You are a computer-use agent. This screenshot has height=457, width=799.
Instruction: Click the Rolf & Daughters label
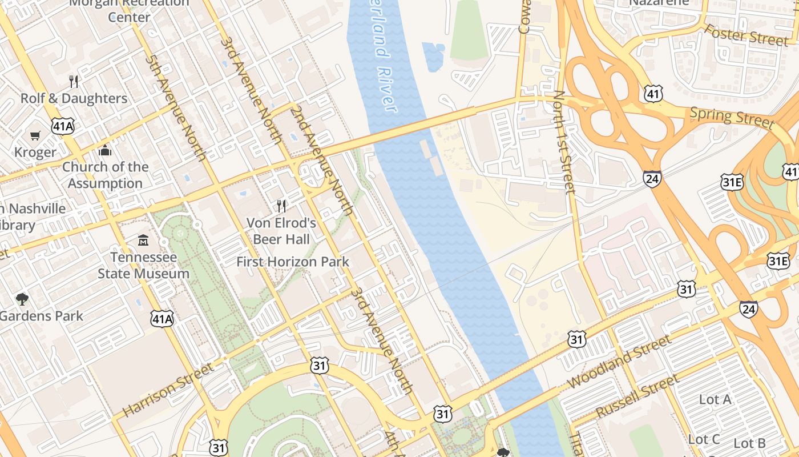(74, 98)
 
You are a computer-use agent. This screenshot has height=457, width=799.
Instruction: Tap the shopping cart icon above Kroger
(35, 135)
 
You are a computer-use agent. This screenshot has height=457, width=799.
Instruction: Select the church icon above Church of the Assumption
(105, 150)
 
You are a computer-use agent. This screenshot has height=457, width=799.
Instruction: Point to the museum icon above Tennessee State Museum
(143, 240)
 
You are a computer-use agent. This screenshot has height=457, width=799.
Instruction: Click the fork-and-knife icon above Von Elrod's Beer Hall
(281, 205)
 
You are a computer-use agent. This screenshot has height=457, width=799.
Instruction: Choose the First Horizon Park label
(293, 262)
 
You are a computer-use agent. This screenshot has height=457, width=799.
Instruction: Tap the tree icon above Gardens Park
(22, 299)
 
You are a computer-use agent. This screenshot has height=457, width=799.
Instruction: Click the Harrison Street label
(168, 389)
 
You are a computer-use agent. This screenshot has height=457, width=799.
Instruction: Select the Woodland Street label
(620, 361)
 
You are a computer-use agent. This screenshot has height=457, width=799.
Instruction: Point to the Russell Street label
(637, 395)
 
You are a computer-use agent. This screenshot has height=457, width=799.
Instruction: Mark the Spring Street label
(732, 117)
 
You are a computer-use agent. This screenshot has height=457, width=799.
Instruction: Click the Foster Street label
(746, 35)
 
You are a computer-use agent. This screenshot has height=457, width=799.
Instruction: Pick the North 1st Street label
(564, 142)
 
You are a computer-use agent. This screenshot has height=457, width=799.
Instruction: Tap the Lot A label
(715, 399)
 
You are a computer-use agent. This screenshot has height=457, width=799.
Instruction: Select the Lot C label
(704, 439)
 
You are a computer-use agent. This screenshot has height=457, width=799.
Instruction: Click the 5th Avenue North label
(175, 107)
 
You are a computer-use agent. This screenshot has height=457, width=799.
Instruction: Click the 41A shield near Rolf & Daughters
(63, 126)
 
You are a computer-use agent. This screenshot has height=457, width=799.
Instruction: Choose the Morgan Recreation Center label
(130, 10)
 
